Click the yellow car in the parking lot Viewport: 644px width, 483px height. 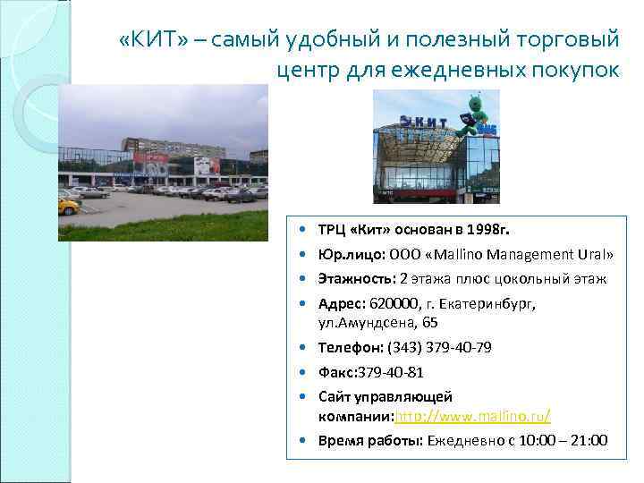[69, 205]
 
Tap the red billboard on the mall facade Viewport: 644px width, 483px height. [149, 163]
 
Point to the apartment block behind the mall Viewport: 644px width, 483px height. [161, 145]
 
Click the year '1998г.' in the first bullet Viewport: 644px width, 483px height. [507, 228]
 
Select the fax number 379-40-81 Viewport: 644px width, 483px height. [390, 372]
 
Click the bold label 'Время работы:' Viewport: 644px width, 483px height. [369, 440]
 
